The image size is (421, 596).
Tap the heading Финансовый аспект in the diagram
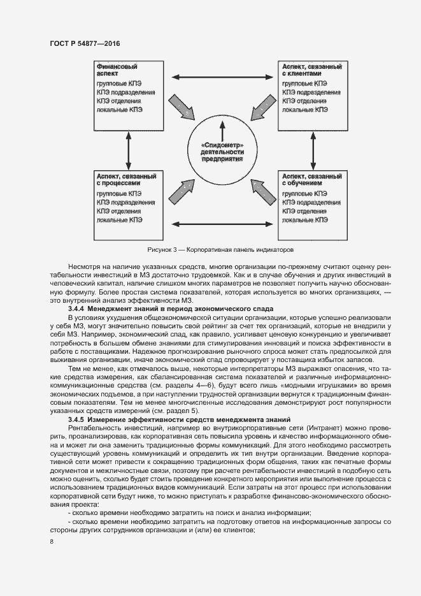tap(117, 69)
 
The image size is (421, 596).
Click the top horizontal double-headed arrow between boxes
tap(222, 78)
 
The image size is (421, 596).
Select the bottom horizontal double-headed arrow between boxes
tap(222, 224)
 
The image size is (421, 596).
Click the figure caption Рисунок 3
tap(220, 250)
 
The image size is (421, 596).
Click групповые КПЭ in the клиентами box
tap(305, 84)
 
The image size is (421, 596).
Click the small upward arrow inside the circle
tap(222, 133)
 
